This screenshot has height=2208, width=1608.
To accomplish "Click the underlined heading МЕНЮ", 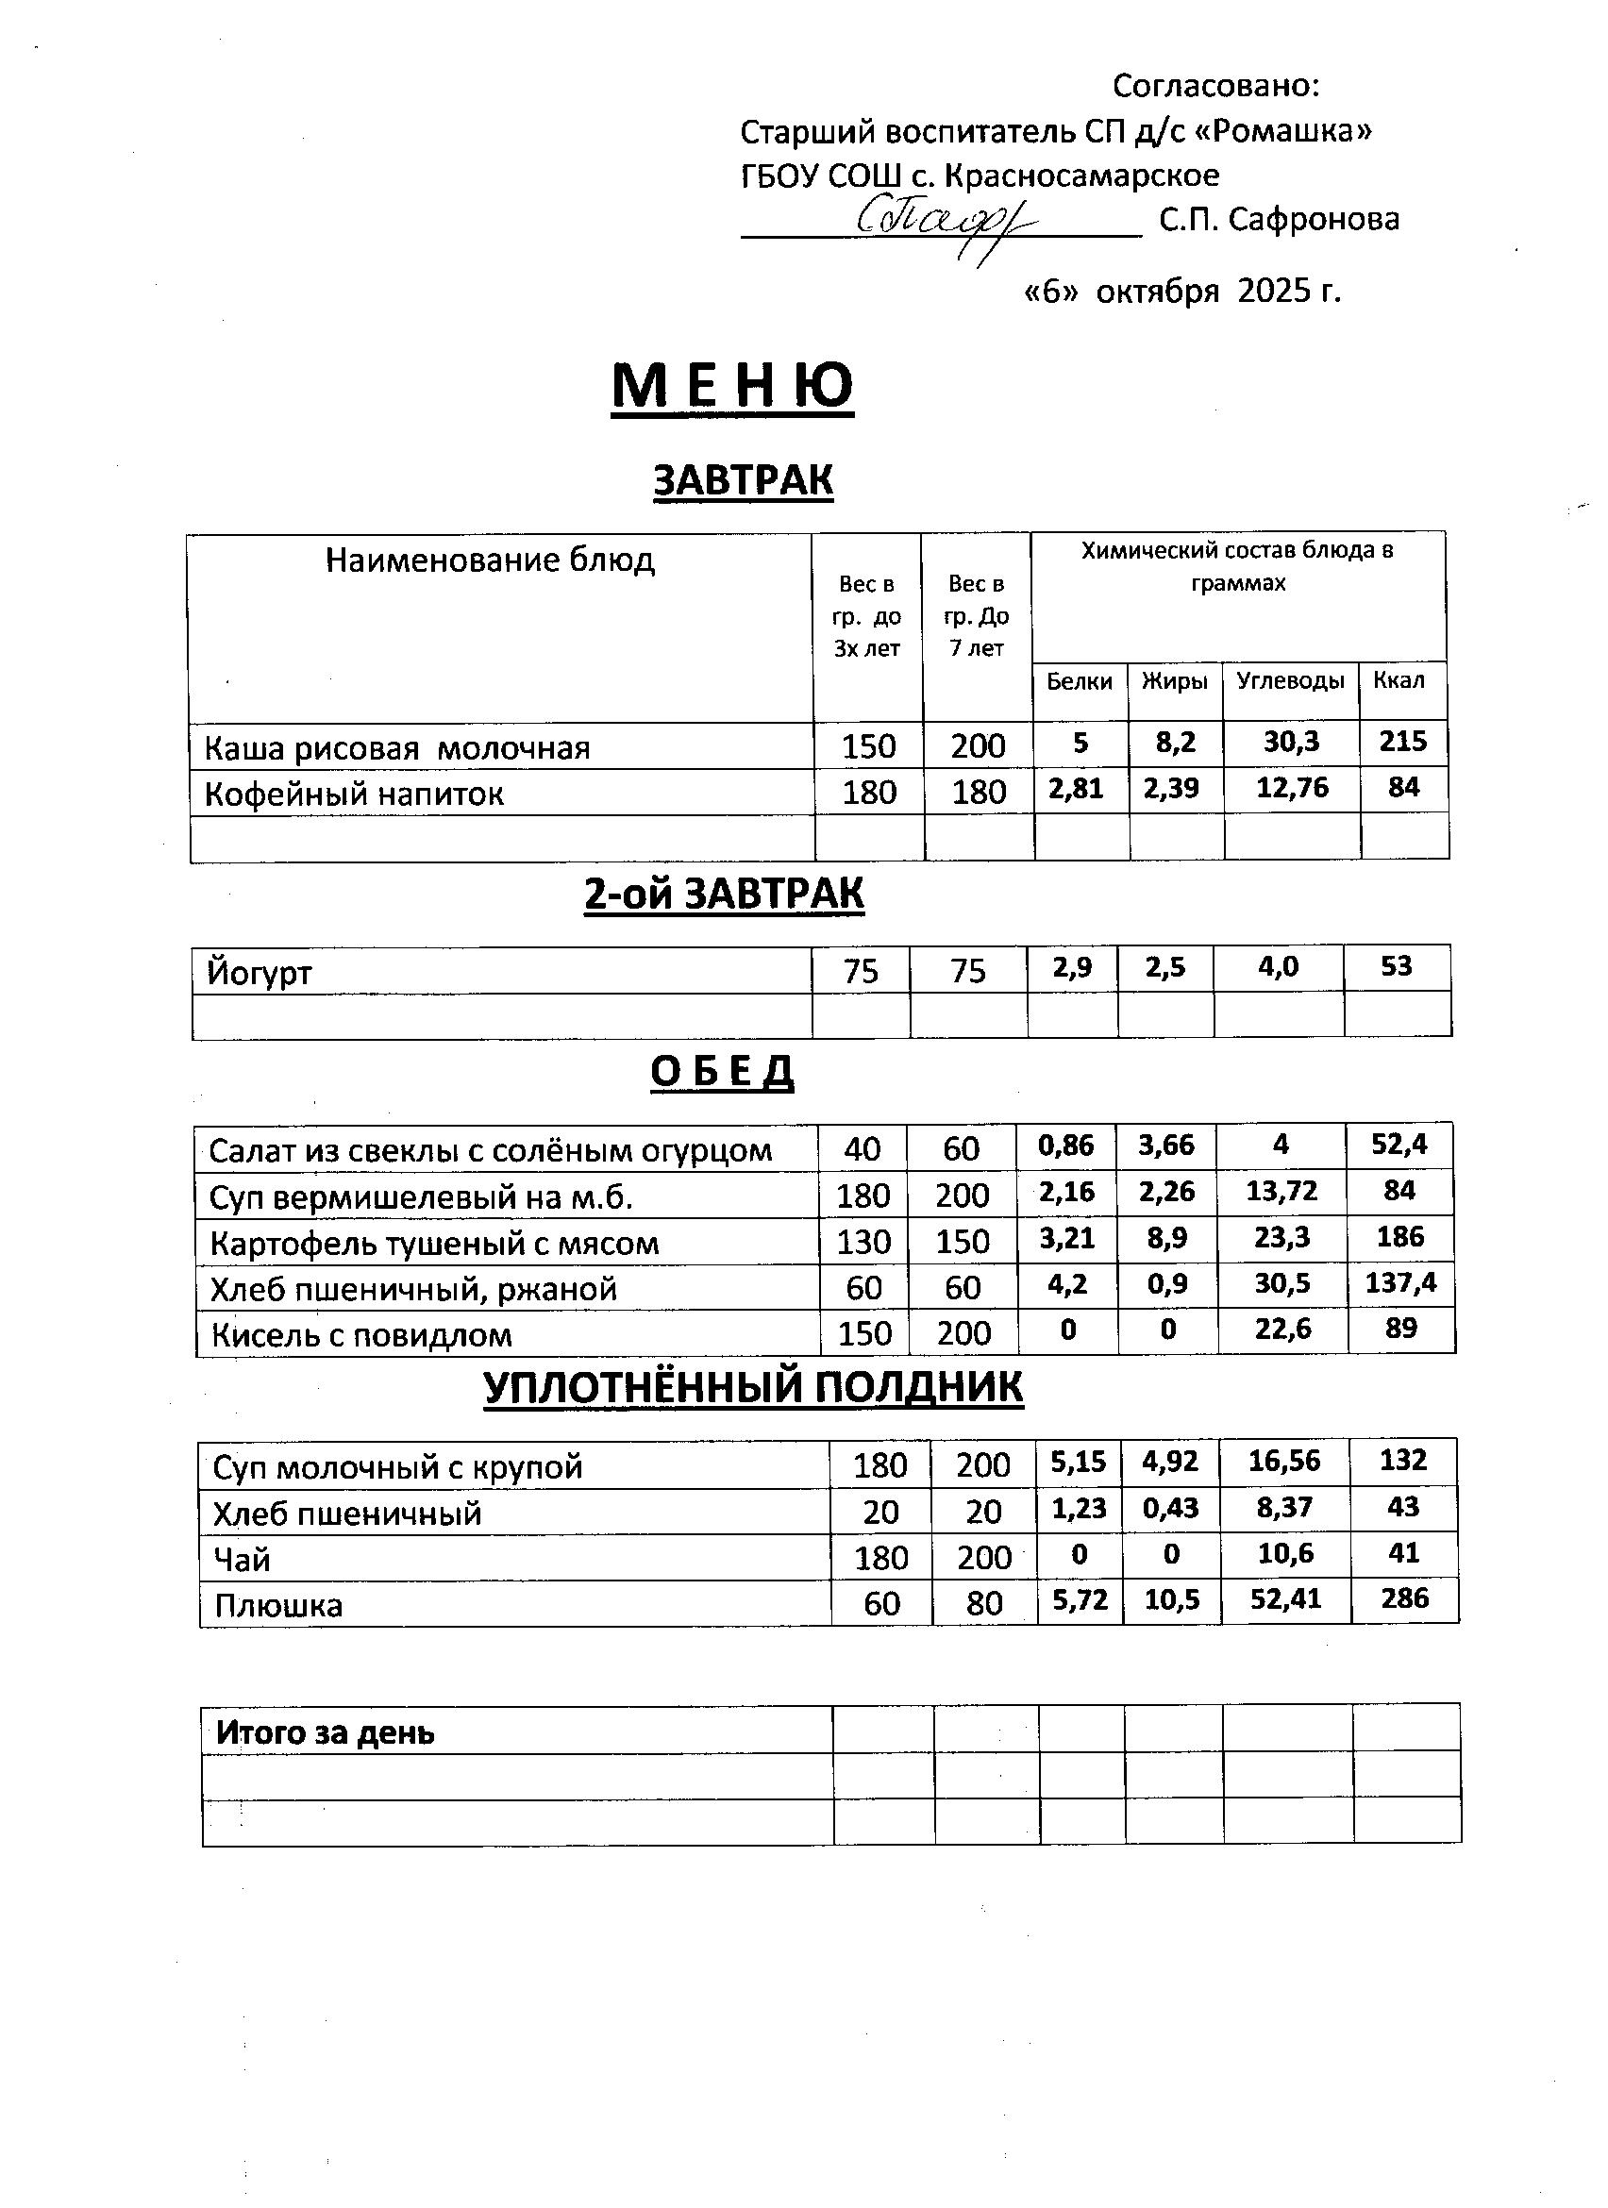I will (732, 387).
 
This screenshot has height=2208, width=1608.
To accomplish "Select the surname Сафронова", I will (1313, 220).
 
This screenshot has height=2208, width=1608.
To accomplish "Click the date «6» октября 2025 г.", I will (1182, 291).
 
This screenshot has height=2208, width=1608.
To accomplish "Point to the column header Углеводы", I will (1290, 680).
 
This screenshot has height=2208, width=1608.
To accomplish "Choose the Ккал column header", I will (1399, 680).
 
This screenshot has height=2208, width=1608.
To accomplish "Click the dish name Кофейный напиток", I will (354, 795).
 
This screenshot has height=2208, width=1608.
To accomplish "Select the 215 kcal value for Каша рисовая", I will (1402, 742).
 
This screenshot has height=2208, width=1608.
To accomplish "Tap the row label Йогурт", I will (260, 972).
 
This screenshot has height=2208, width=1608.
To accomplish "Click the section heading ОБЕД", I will (721, 1071).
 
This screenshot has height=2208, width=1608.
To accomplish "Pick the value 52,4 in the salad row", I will (1399, 1145).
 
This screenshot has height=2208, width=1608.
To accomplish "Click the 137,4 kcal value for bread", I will (1400, 1283).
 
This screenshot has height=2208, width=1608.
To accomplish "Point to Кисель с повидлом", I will (361, 1335).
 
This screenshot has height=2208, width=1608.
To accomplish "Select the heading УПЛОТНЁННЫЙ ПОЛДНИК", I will (752, 1387).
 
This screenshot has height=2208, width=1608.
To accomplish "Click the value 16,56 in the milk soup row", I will (1285, 1462).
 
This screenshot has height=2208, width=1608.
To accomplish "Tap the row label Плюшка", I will (278, 1605).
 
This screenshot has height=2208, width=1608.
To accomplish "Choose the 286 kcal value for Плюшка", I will (1403, 1598).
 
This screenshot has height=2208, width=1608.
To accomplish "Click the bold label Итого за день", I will (326, 1733).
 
